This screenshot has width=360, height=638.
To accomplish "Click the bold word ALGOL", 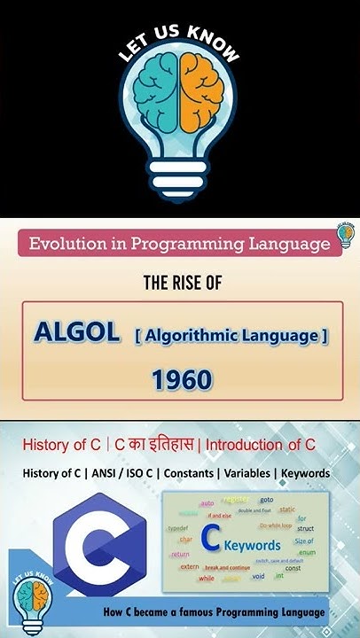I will point(76,333).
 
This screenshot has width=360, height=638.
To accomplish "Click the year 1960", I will point(182,380).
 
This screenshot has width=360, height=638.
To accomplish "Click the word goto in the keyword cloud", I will point(266,500).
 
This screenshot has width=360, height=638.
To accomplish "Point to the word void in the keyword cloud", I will point(258,576).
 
